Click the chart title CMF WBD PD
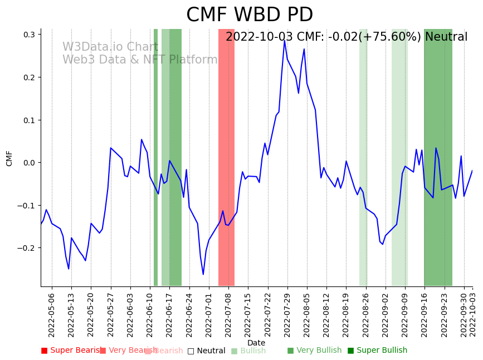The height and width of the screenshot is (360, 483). pos(249,15)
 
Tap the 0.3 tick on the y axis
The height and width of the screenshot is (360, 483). pos(29,35)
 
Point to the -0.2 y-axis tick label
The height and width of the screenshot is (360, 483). pos(27,248)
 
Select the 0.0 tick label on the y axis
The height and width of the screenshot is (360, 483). pos(29,163)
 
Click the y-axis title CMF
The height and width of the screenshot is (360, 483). pos(9,158)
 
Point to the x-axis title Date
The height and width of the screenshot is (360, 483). pos(256,343)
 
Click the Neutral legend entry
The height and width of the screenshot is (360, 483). pos(207,351)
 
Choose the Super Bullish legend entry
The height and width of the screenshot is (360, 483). pos(377,351)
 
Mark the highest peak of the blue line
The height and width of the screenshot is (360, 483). pos(284,40)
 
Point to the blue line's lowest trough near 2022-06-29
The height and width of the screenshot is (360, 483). pos(203,274)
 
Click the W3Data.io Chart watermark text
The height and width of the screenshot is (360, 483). pos(110,47)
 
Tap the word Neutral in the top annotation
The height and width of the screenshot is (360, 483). pos(446,37)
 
